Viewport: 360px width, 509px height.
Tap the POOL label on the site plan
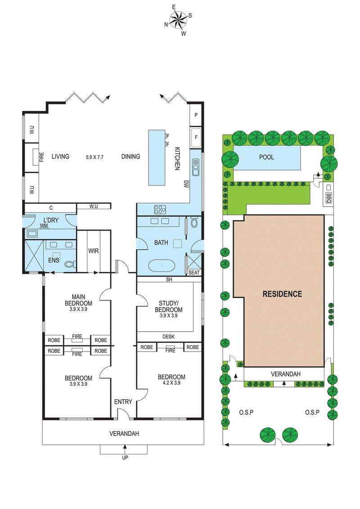266,157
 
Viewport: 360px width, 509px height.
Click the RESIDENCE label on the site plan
282,294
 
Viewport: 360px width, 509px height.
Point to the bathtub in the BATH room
162,266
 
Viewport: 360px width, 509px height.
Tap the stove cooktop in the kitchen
160,209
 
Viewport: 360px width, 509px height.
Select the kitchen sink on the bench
196,169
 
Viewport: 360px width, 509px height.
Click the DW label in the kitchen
186,183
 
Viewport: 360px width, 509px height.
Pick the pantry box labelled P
196,115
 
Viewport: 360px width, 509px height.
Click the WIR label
94,250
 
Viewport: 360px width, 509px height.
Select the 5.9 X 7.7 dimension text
94,157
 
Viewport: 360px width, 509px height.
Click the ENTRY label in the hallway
123,401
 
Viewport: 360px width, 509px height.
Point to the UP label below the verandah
125,458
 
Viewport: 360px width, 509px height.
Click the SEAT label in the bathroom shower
194,273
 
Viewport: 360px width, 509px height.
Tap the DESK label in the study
168,337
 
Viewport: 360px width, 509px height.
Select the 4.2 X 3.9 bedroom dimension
171,384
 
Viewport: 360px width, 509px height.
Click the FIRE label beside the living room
42,157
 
